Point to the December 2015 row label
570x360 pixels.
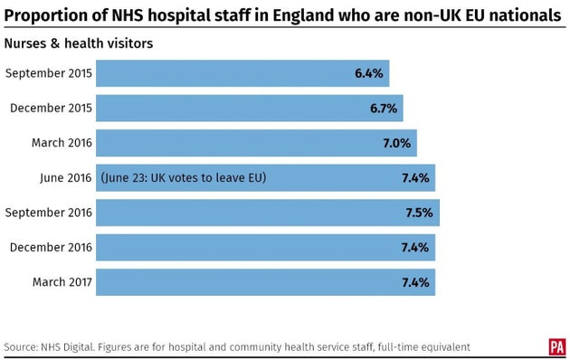click(x=51, y=109)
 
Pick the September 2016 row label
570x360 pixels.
click(x=48, y=213)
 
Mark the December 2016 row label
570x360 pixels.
click(x=51, y=247)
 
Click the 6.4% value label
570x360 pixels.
click(x=368, y=74)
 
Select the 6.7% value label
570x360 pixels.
click(x=382, y=109)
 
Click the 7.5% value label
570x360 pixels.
click(x=418, y=213)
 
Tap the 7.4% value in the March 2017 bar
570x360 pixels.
click(x=414, y=281)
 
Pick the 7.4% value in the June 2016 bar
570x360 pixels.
click(x=414, y=178)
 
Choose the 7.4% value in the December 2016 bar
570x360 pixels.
click(x=414, y=247)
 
